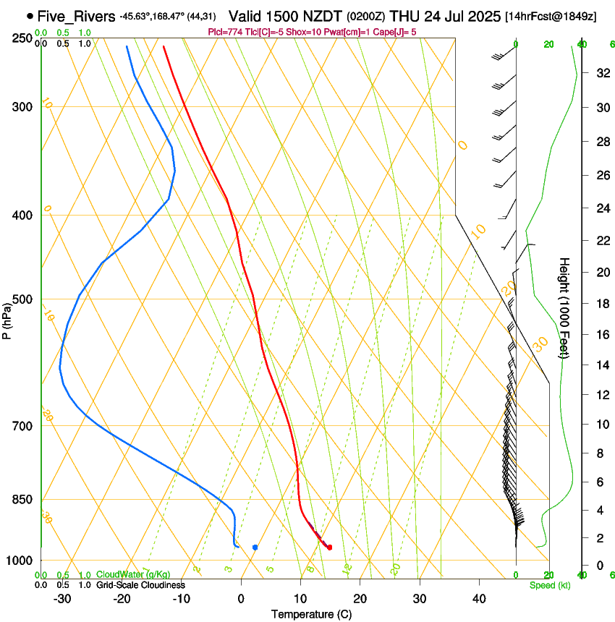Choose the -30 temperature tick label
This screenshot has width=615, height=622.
point(62,598)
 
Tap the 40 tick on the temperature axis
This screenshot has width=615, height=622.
point(479,598)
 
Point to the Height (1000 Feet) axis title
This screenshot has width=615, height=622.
point(565,307)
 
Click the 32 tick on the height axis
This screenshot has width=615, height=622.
point(602,73)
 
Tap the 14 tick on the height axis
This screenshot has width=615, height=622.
point(602,365)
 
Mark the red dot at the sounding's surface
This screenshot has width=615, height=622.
point(329,548)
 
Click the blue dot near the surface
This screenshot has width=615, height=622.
point(255,548)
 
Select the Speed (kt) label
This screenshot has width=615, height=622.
point(549,585)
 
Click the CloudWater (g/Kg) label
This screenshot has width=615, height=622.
point(123,575)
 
